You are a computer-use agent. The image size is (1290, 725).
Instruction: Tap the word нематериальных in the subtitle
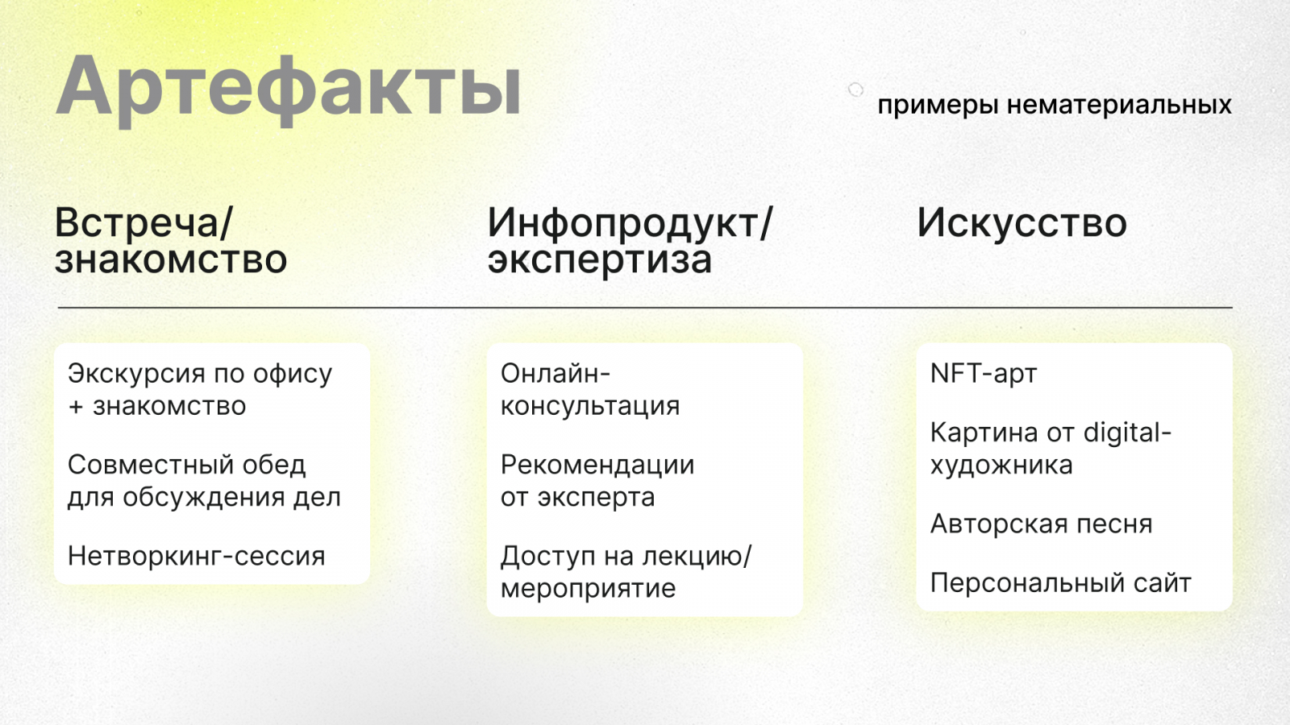click(x=1119, y=105)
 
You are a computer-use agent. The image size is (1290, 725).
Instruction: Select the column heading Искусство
click(x=1022, y=223)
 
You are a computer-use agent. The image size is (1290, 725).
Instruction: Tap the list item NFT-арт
click(x=984, y=374)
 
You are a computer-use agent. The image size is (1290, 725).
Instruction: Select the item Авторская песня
click(x=1041, y=524)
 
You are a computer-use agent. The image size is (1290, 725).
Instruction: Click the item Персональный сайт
click(x=1061, y=583)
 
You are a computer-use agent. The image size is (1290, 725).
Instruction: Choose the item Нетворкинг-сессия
click(x=197, y=557)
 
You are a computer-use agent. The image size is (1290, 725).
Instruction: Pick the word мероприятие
click(x=588, y=589)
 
